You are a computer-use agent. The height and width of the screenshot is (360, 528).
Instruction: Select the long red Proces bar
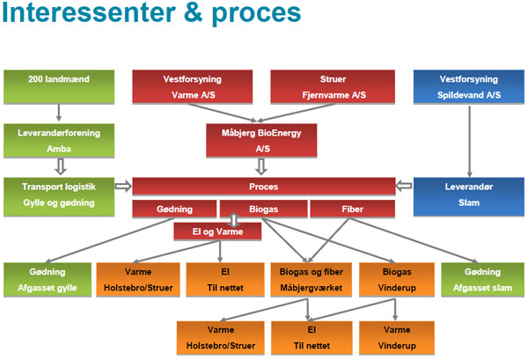(263, 187)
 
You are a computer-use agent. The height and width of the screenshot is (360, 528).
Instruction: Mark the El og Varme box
(216, 231)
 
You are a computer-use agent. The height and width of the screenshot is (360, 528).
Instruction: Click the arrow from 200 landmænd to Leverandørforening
(59, 113)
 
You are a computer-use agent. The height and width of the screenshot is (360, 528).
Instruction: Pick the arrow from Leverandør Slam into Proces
(404, 186)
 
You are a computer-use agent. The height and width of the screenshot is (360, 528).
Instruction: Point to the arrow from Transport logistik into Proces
(122, 186)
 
